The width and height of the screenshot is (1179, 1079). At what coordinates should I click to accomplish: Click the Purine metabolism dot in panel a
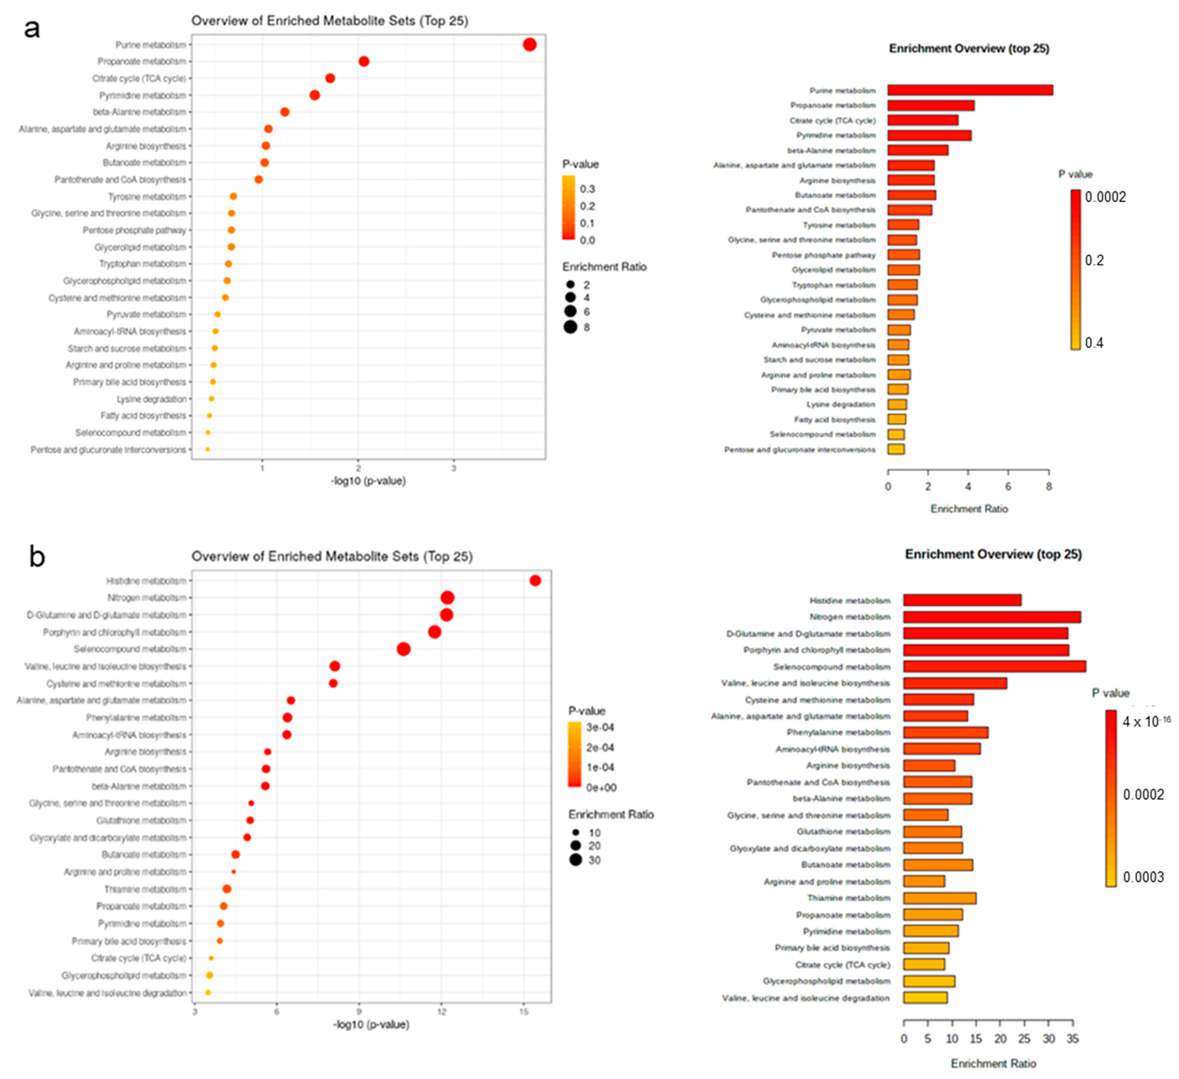coord(529,44)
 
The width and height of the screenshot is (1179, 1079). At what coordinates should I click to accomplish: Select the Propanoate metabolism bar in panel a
coord(930,105)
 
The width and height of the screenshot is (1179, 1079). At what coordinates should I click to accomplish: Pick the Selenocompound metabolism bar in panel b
coord(994,666)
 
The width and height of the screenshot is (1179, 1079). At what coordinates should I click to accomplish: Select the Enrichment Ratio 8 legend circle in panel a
coord(570,327)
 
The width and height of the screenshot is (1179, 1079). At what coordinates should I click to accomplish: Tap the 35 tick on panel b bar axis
coord(1072,1039)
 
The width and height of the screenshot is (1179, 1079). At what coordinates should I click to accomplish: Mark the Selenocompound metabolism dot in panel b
coord(403,649)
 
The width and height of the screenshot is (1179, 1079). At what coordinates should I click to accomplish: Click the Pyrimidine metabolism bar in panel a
coord(929,135)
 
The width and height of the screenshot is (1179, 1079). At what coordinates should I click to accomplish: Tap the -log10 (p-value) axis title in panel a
coord(368,481)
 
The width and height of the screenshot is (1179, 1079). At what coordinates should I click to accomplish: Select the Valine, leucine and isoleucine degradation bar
coord(925,998)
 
